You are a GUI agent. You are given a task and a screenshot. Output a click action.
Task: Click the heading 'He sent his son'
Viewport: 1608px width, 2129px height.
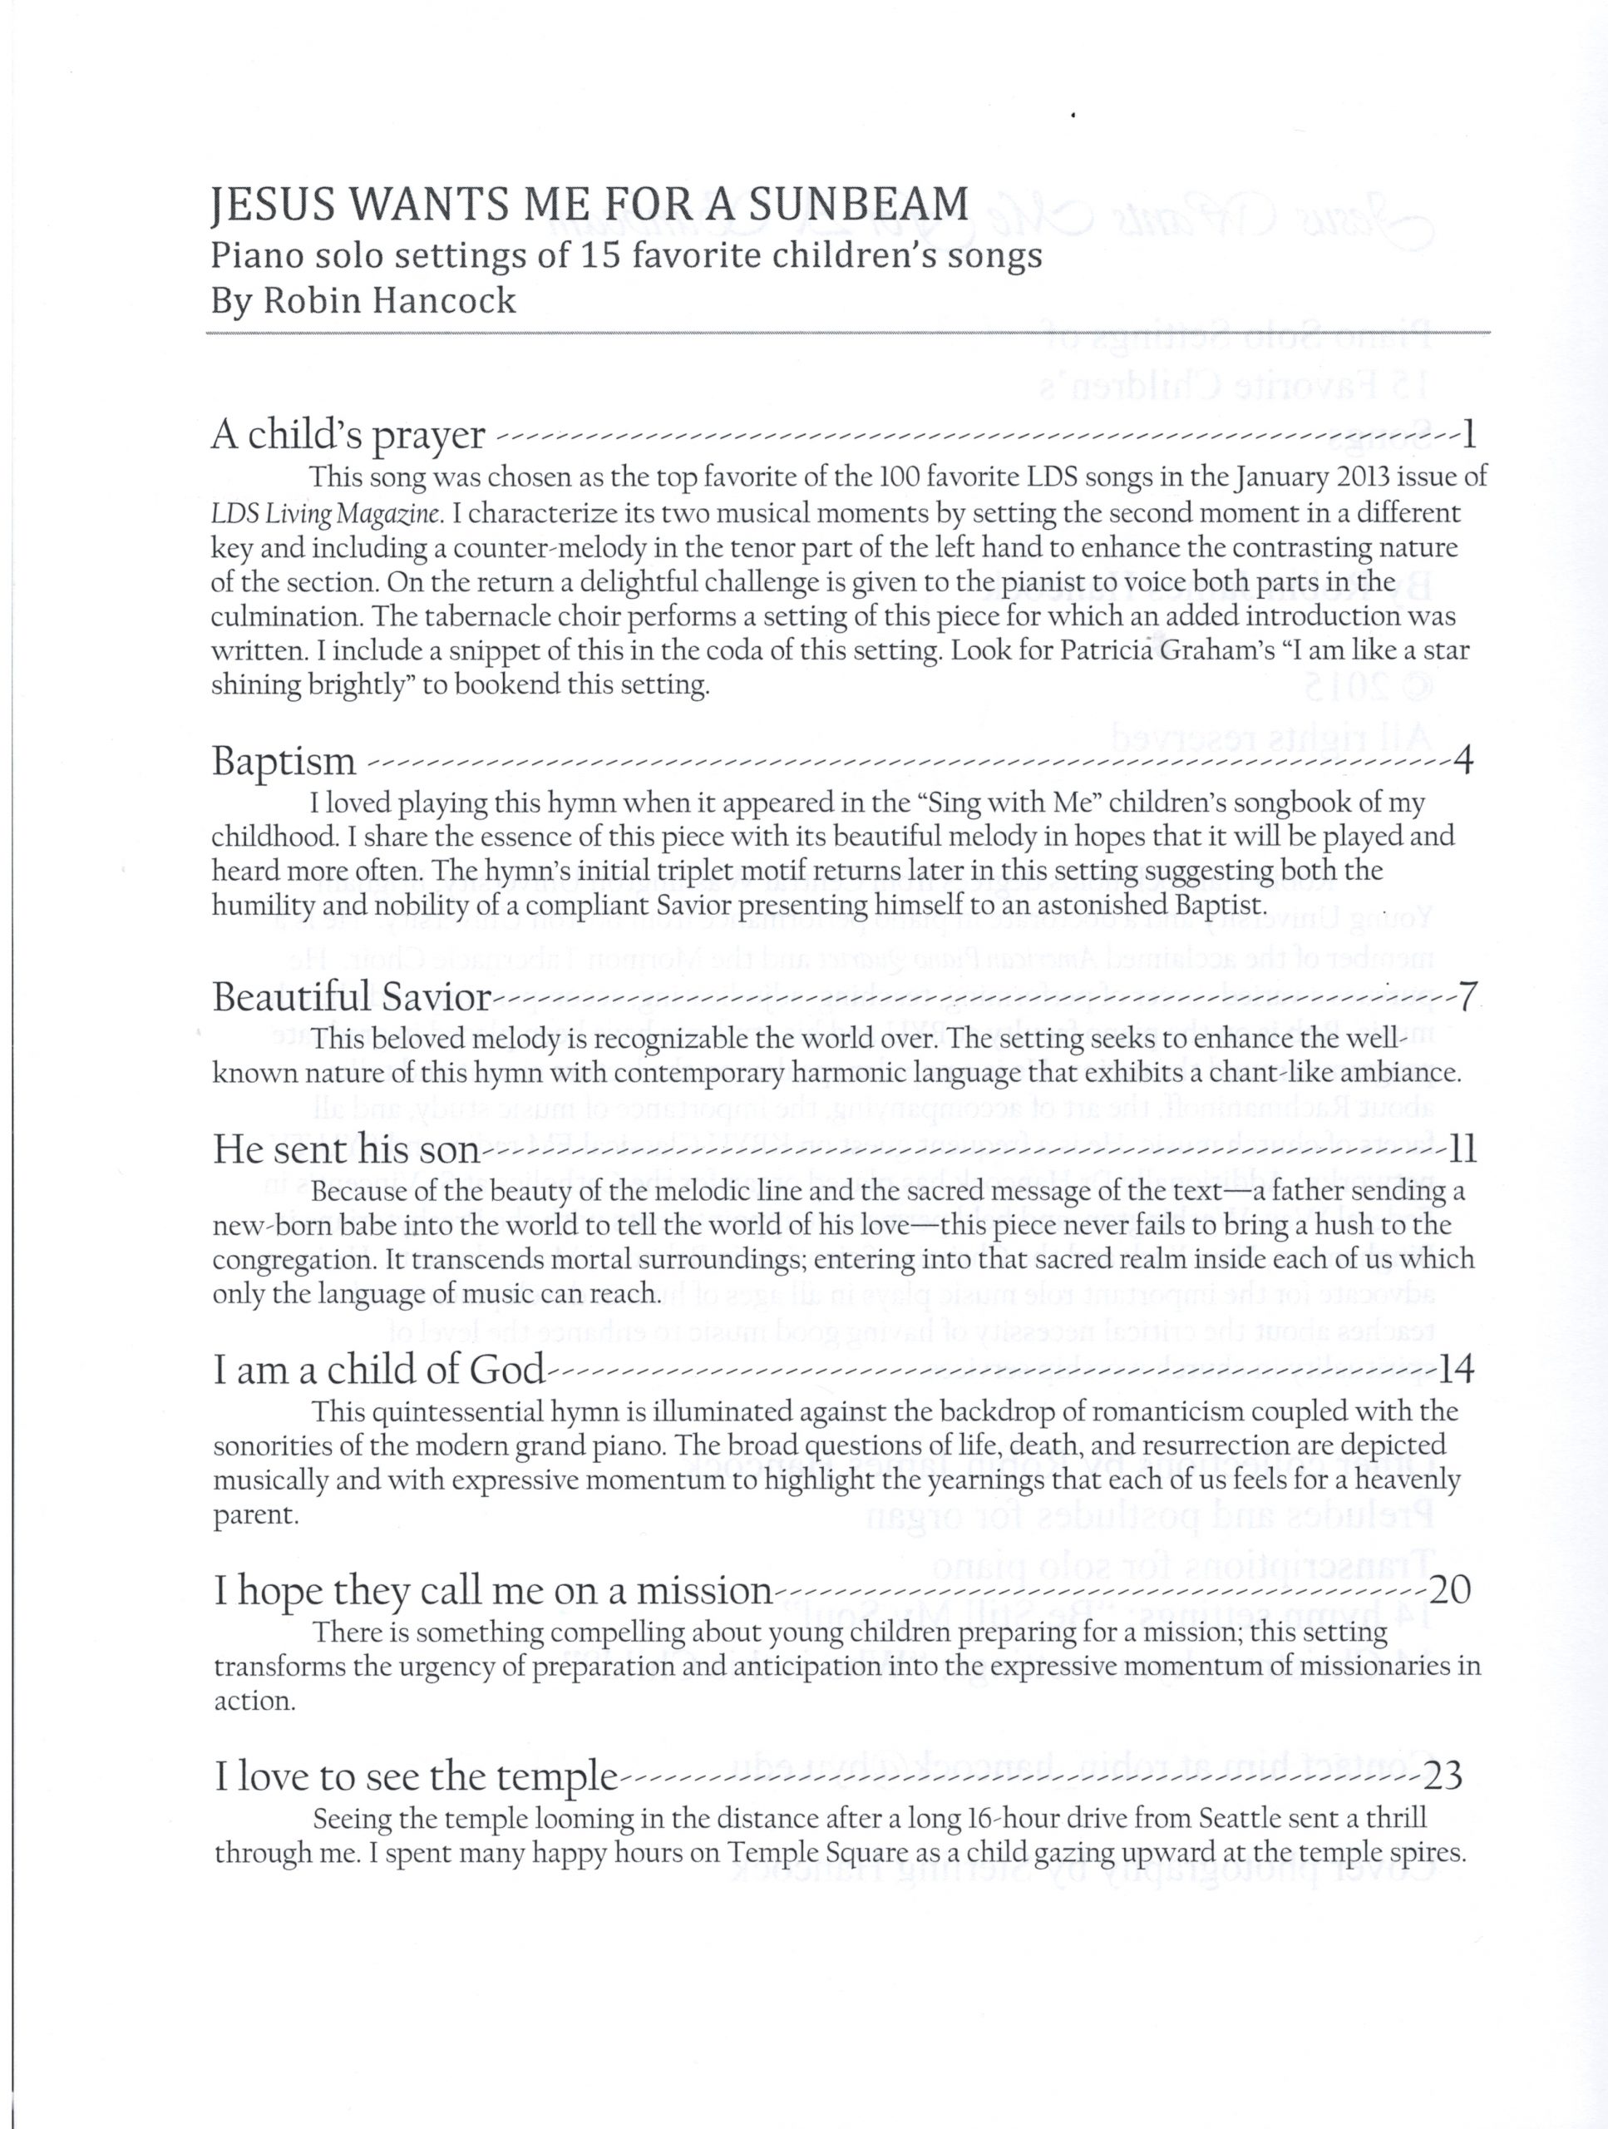pyautogui.click(x=347, y=1151)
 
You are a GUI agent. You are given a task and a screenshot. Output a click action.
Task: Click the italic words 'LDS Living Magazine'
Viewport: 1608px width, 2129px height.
pyautogui.click(x=323, y=515)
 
